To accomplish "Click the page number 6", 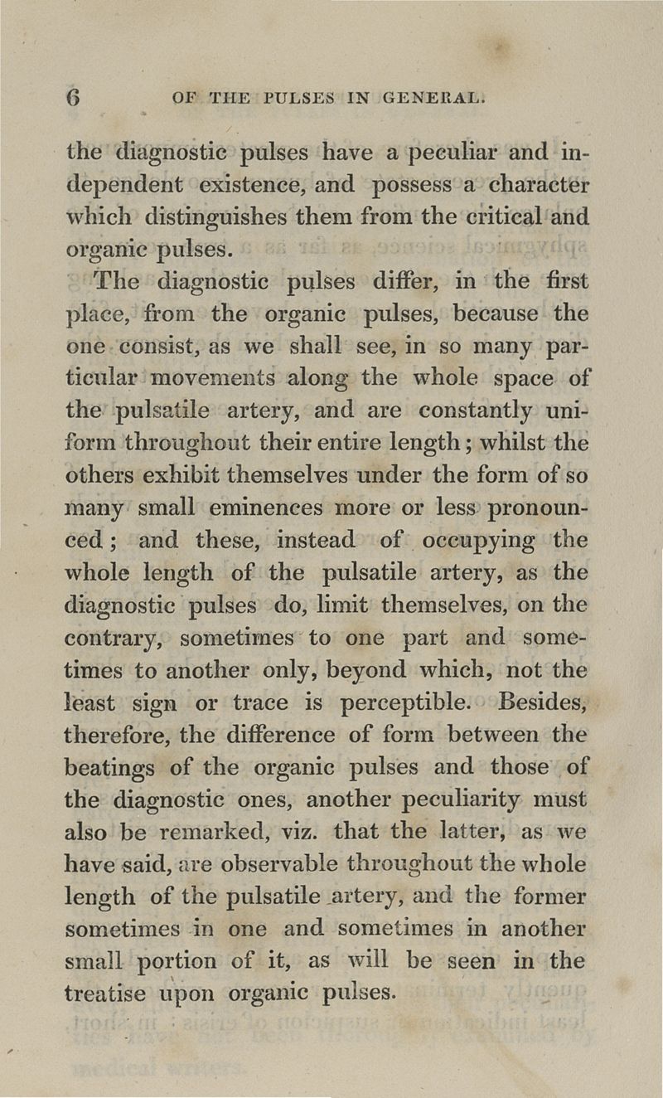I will coord(74,97).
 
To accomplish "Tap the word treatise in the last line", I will coord(106,993).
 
